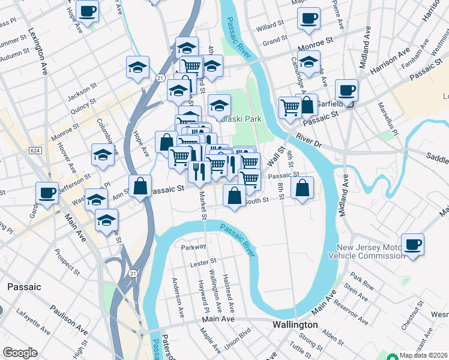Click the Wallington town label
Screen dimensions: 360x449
pos(294,324)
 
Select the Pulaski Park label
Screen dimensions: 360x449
pos(242,119)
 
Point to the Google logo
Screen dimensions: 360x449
pos(20,353)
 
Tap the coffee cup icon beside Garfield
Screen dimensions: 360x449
pos(346,91)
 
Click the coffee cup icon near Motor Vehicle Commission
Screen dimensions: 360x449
pos(412,245)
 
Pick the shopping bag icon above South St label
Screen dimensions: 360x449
pos(234,194)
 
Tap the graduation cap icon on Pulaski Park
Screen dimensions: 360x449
pos(220,105)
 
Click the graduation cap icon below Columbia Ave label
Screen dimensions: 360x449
pos(103,154)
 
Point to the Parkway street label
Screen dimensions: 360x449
pos(194,247)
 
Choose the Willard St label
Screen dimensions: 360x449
pos(270,26)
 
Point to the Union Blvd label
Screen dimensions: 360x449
pos(237,340)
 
